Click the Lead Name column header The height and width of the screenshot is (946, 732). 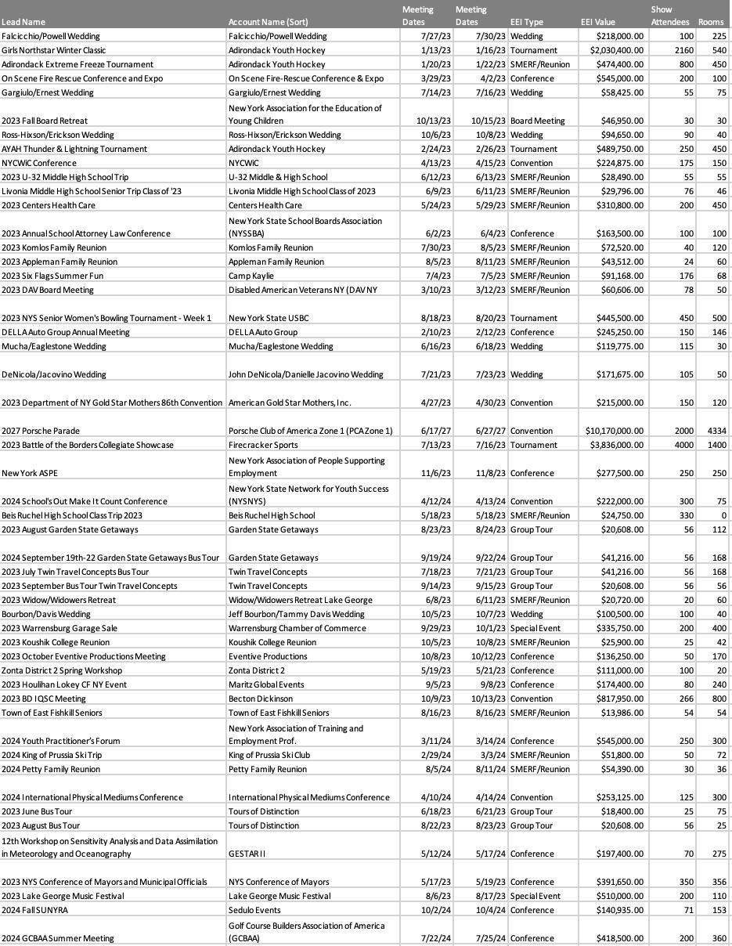(23, 22)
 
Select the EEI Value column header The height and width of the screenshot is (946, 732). (598, 22)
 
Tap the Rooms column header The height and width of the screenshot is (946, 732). (711, 22)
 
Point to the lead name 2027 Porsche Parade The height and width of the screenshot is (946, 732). (41, 431)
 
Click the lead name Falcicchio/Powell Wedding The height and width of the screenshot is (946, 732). (51, 36)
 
